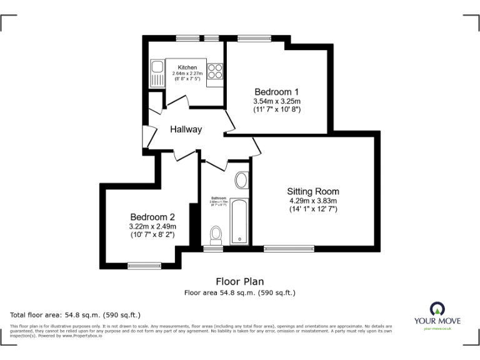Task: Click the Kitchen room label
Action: pyautogui.click(x=187, y=67)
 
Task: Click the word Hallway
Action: pyautogui.click(x=186, y=129)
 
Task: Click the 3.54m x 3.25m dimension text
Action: pyautogui.click(x=277, y=101)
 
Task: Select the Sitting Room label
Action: pyautogui.click(x=313, y=191)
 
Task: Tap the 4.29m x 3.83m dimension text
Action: pyautogui.click(x=313, y=201)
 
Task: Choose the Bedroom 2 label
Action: pyautogui.click(x=152, y=216)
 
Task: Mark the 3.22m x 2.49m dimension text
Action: pyautogui.click(x=152, y=226)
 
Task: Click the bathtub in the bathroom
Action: pyautogui.click(x=239, y=222)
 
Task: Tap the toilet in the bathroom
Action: pyautogui.click(x=216, y=236)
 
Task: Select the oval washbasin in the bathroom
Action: pyautogui.click(x=241, y=181)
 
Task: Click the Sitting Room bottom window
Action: pyautogui.click(x=289, y=248)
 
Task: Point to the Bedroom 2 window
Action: pyautogui.click(x=144, y=266)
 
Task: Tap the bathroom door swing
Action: pyautogui.click(x=216, y=164)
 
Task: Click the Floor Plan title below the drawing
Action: pyautogui.click(x=239, y=281)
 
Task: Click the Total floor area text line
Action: pyautogui.click(x=76, y=314)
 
